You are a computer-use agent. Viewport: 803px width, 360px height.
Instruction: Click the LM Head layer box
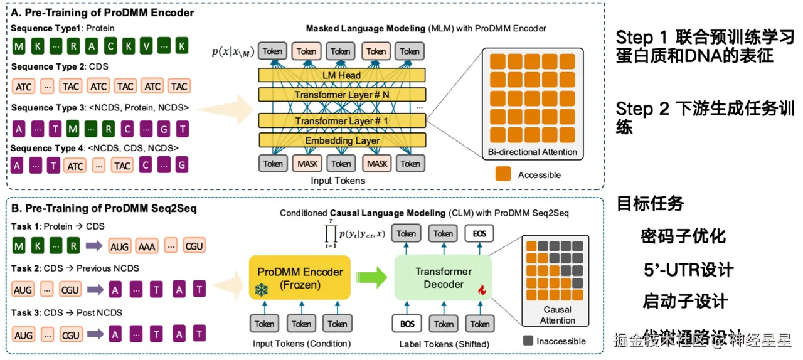point(341,75)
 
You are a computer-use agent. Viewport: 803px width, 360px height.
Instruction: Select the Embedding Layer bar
point(341,140)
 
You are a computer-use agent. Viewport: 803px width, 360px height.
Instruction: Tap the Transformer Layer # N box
point(341,95)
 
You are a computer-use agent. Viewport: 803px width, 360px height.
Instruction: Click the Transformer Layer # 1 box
point(341,120)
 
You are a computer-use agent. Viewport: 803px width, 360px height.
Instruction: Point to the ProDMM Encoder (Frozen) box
point(300,278)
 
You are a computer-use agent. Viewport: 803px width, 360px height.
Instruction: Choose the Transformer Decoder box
point(443,278)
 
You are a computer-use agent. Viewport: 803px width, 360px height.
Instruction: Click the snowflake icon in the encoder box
point(261,290)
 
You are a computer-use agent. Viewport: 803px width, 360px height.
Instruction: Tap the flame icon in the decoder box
point(482,290)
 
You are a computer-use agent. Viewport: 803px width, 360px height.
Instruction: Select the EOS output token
point(480,234)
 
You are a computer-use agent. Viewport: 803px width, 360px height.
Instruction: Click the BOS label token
point(407,324)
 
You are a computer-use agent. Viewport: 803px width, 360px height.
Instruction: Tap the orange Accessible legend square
point(504,175)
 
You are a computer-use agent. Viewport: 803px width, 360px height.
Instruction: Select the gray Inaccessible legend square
point(528,341)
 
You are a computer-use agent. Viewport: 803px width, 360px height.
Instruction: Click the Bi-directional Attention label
point(532,152)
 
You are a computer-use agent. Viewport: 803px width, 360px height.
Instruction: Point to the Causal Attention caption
point(557,315)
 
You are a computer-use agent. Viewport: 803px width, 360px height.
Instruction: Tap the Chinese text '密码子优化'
point(683,236)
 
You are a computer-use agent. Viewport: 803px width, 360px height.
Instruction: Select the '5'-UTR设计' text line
point(688,270)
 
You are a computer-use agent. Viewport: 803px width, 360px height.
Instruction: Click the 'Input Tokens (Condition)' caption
point(301,344)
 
